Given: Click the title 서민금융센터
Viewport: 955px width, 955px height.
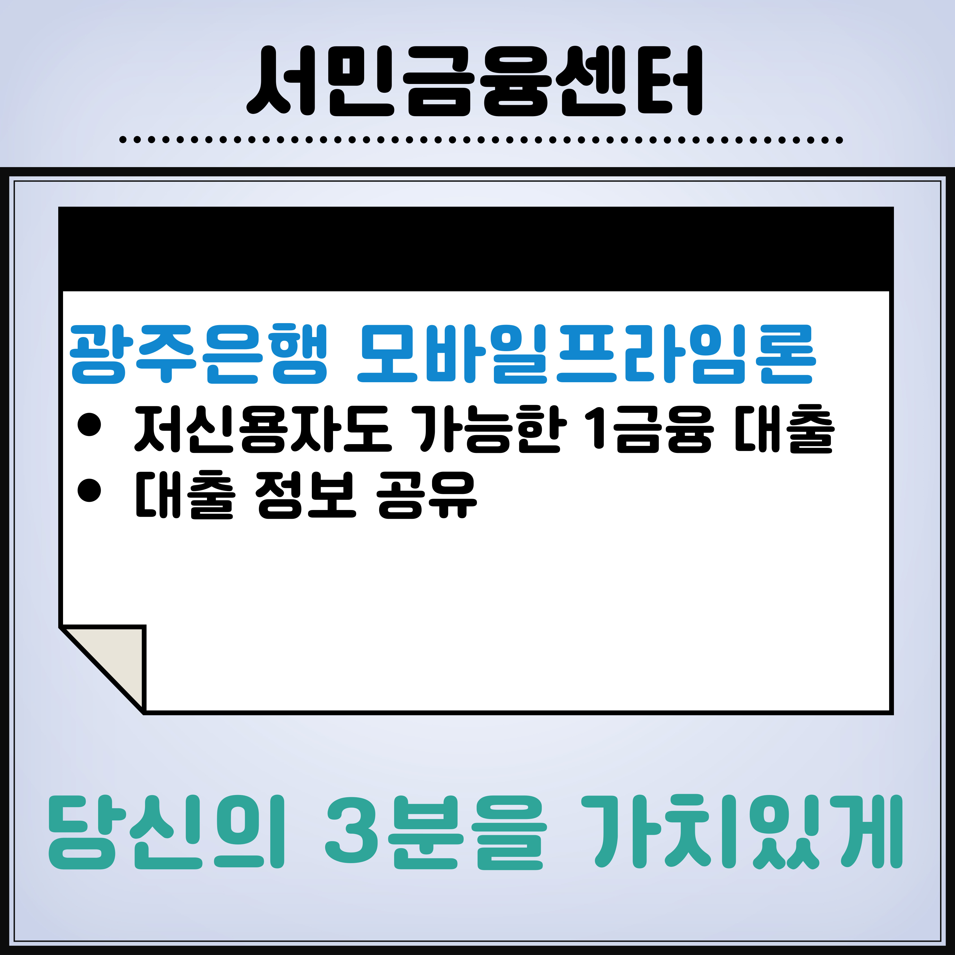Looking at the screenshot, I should click(x=475, y=81).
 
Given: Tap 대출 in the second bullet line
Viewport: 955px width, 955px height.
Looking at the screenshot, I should click(x=184, y=494).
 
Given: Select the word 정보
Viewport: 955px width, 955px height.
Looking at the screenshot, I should click(x=306, y=494).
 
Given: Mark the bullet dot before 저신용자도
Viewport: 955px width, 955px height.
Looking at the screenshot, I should click(x=89, y=425).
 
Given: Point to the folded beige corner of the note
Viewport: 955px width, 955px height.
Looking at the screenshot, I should click(x=116, y=657).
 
